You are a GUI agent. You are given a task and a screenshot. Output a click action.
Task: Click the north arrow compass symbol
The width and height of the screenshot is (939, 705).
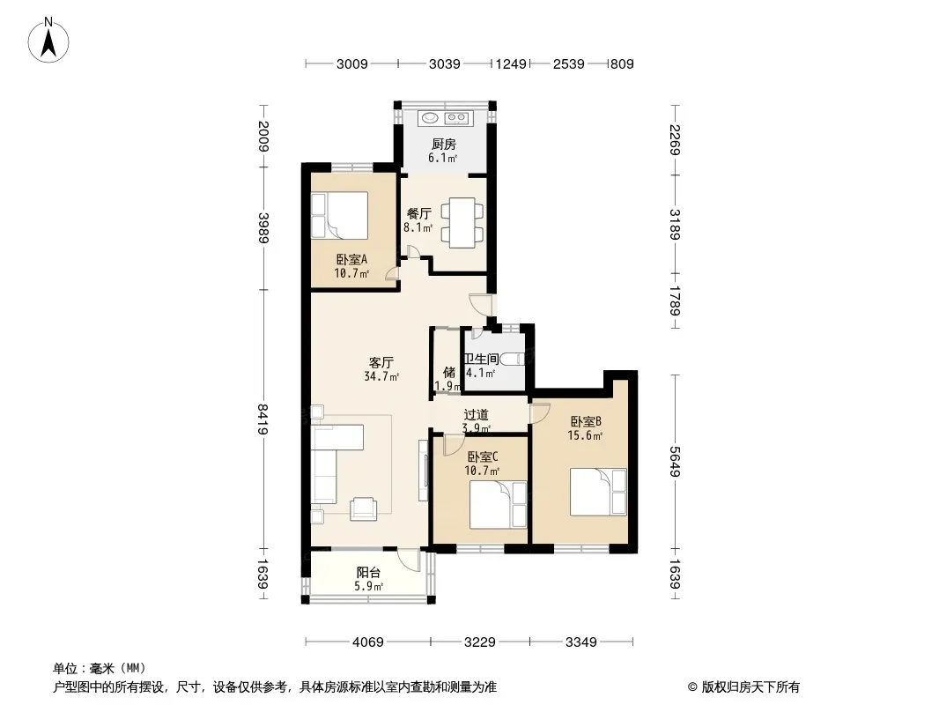click(48, 40)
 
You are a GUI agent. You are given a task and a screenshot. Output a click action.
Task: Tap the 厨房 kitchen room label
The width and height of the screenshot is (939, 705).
click(444, 144)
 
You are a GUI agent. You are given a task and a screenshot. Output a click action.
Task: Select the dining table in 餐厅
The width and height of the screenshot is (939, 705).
click(462, 222)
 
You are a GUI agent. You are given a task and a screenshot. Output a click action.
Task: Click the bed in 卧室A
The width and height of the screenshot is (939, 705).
click(339, 215)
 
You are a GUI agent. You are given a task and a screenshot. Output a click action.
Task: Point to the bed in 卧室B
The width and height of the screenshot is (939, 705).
click(598, 492)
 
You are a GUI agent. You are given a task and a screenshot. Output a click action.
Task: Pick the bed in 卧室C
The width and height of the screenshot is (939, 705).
click(499, 504)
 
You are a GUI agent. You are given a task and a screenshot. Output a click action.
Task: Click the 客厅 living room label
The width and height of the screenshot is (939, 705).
click(381, 362)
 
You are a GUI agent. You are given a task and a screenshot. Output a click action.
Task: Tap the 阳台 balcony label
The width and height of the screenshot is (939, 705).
click(368, 573)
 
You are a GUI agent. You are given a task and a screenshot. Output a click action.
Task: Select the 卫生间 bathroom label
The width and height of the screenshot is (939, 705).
click(482, 359)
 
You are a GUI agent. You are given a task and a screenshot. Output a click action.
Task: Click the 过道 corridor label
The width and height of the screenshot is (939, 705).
click(476, 414)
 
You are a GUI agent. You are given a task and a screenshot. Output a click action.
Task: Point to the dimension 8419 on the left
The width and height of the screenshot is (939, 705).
click(262, 419)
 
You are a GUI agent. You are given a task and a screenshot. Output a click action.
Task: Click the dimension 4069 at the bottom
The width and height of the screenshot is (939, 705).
click(367, 642)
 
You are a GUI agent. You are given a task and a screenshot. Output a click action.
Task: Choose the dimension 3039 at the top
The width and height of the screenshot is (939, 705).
click(444, 63)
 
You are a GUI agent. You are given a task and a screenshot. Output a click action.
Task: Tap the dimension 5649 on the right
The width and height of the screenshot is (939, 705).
click(675, 461)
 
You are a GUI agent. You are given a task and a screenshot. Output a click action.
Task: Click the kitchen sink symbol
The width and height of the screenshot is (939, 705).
click(430, 117)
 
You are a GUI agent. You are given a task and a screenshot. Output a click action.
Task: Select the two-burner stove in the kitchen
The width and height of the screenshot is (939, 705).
click(457, 117)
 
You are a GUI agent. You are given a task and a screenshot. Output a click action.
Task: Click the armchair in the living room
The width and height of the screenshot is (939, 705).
click(364, 508)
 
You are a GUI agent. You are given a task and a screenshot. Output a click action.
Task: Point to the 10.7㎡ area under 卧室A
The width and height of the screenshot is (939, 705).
click(351, 274)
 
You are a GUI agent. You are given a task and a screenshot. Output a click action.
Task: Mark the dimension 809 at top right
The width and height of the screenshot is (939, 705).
click(622, 63)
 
